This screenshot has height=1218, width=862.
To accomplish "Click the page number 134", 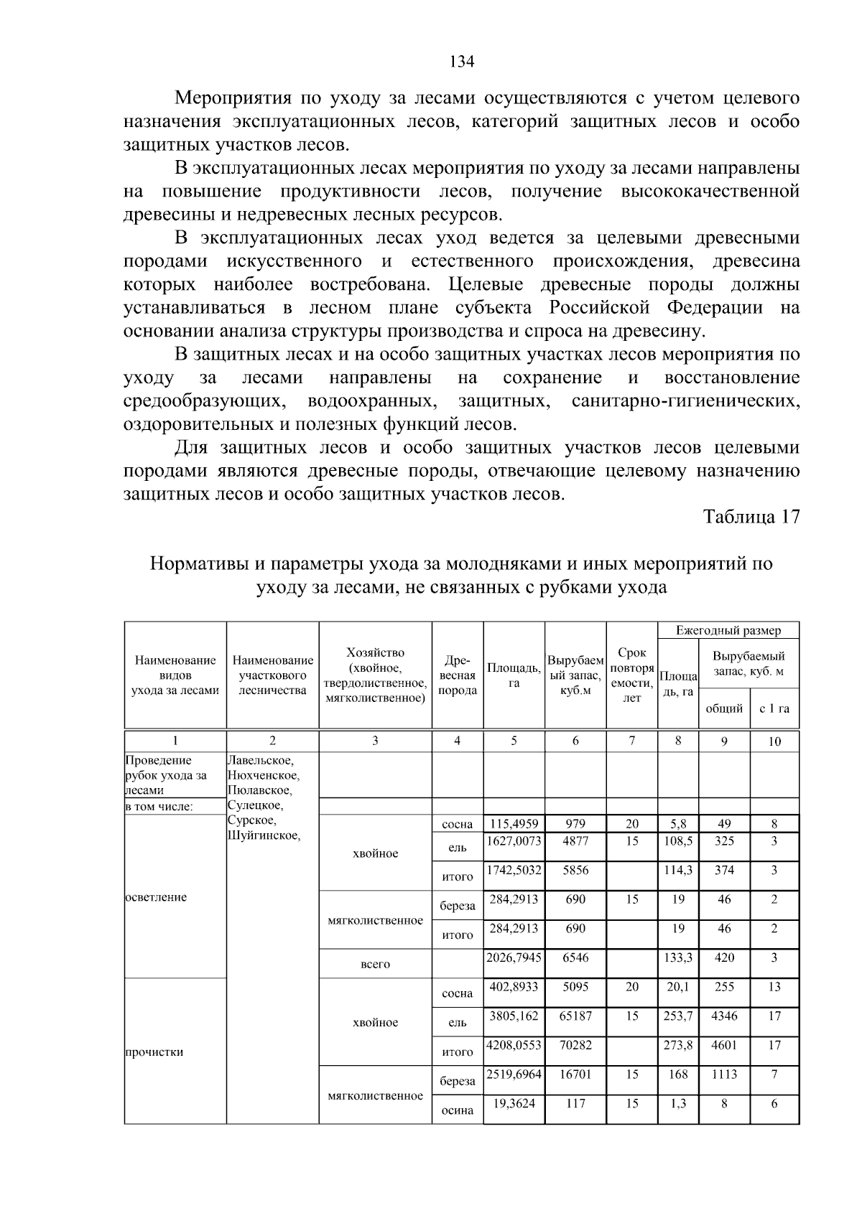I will click(x=462, y=62).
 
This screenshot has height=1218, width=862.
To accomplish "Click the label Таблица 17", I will click(x=751, y=517).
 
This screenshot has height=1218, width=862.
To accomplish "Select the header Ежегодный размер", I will click(x=728, y=631).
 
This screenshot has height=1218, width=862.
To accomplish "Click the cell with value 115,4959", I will click(x=514, y=824).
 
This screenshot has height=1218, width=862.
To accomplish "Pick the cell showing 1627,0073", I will click(x=514, y=840).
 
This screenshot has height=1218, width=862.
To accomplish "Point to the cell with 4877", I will click(x=575, y=840).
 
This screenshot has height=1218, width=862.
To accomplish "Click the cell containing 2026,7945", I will click(x=514, y=957).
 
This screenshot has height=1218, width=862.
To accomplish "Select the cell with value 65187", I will click(x=575, y=1016).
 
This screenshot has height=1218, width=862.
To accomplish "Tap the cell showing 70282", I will click(x=575, y=1045).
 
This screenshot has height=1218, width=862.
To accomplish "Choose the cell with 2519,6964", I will click(x=514, y=1074).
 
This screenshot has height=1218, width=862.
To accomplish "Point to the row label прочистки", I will click(x=154, y=1052).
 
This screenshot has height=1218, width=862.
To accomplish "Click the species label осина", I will click(x=458, y=1110).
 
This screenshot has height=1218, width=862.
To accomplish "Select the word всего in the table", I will click(x=375, y=964).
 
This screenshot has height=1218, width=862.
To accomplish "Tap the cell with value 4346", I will click(x=724, y=1016).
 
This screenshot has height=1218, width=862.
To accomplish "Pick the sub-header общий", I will click(x=724, y=708).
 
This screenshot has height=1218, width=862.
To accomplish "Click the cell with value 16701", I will click(x=575, y=1074).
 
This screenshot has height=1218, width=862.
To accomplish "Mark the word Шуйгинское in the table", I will click(x=264, y=835).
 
